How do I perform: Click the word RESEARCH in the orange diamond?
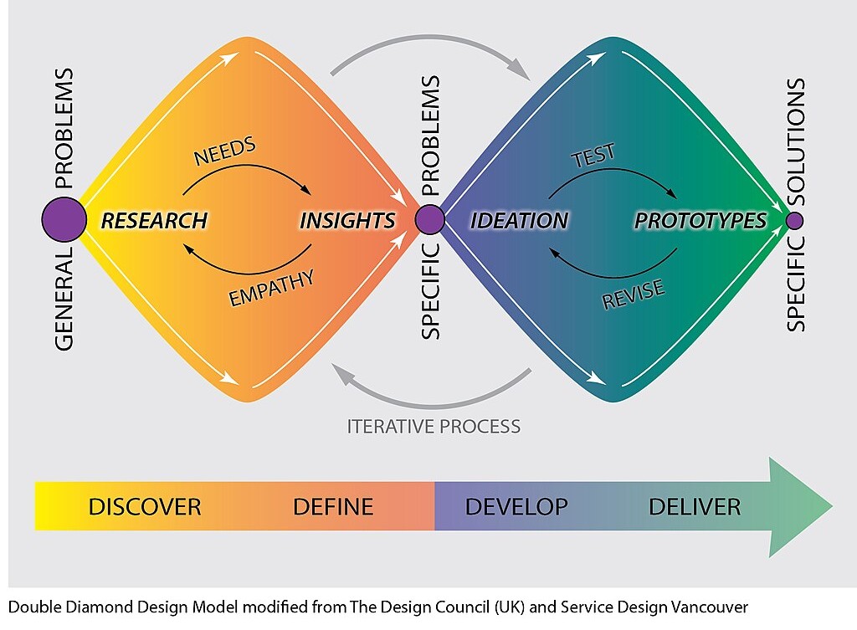[x=154, y=221]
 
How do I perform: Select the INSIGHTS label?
[x=347, y=221]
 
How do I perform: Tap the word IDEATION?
[x=519, y=221]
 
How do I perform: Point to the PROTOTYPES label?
[x=700, y=221]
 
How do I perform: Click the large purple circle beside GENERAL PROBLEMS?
[x=64, y=220]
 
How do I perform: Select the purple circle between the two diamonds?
[x=429, y=220]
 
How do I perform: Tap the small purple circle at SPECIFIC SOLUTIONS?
[x=795, y=221]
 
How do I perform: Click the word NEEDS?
[x=224, y=151]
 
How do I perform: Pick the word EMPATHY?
[x=271, y=289]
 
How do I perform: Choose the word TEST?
[x=593, y=156]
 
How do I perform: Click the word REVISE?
[x=634, y=295]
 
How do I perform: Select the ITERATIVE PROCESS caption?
[x=434, y=426]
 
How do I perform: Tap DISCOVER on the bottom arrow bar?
[x=145, y=507]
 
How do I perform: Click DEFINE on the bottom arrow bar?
[x=333, y=507]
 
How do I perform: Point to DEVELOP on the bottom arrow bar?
[x=516, y=507]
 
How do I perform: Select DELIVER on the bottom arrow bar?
[x=695, y=507]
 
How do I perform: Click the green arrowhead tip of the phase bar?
[x=833, y=506]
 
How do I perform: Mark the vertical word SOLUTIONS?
[x=796, y=142]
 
